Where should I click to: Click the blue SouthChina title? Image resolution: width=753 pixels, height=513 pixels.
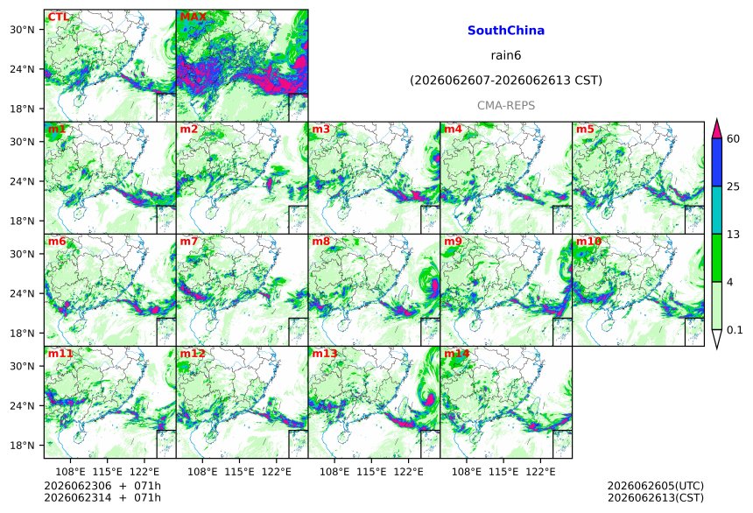coord(506,31)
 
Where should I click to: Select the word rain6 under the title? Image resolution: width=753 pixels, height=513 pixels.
coord(506,55)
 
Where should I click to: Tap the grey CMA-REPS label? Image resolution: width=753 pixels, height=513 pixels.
coord(506,105)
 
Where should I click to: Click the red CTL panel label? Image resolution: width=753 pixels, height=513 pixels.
coord(58,18)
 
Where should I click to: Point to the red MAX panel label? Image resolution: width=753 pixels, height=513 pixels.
coord(193,18)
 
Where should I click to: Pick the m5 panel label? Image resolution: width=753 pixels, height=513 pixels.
coord(585,130)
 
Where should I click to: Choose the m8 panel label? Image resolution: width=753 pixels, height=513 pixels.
coord(320,241)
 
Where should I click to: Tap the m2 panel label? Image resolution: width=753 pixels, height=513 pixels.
coord(189,130)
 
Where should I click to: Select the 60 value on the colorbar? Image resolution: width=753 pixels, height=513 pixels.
coord(734,139)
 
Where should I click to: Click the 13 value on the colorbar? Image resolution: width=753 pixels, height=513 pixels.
coord(734,235)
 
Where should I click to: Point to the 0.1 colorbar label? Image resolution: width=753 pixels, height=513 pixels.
coord(735,330)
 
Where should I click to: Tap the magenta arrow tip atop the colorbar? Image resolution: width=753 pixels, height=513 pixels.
coord(716,119)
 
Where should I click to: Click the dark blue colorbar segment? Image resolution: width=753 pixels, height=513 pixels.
coord(716,162)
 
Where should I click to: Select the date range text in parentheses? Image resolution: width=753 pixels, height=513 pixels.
coord(506,81)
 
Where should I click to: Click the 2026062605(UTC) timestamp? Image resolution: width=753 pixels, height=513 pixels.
coord(656,486)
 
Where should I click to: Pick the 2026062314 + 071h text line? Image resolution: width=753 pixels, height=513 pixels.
coord(102,497)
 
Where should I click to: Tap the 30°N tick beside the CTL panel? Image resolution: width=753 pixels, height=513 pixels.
coord(22,30)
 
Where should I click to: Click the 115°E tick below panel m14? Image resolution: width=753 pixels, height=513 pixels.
coord(504,472)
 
